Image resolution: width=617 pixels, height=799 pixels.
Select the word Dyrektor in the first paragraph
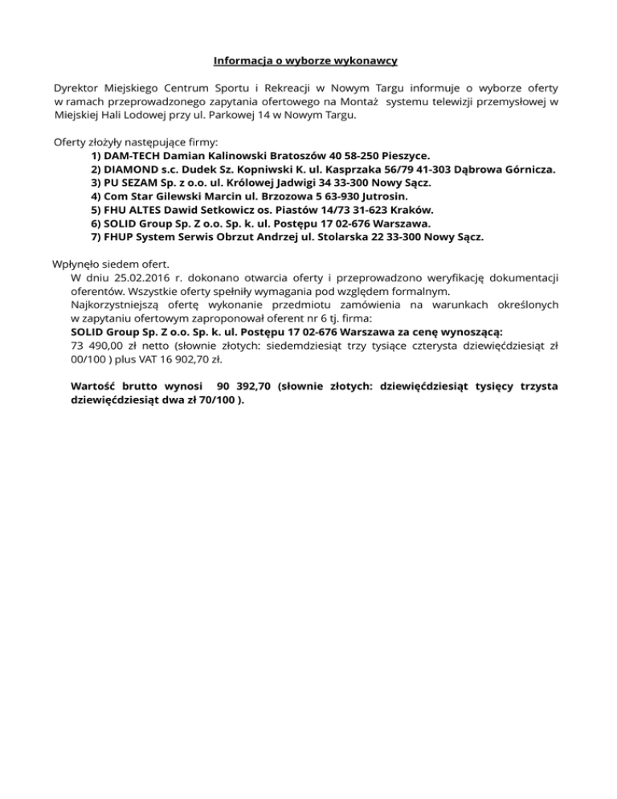[77, 87]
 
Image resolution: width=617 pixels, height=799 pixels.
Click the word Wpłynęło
[78, 264]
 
